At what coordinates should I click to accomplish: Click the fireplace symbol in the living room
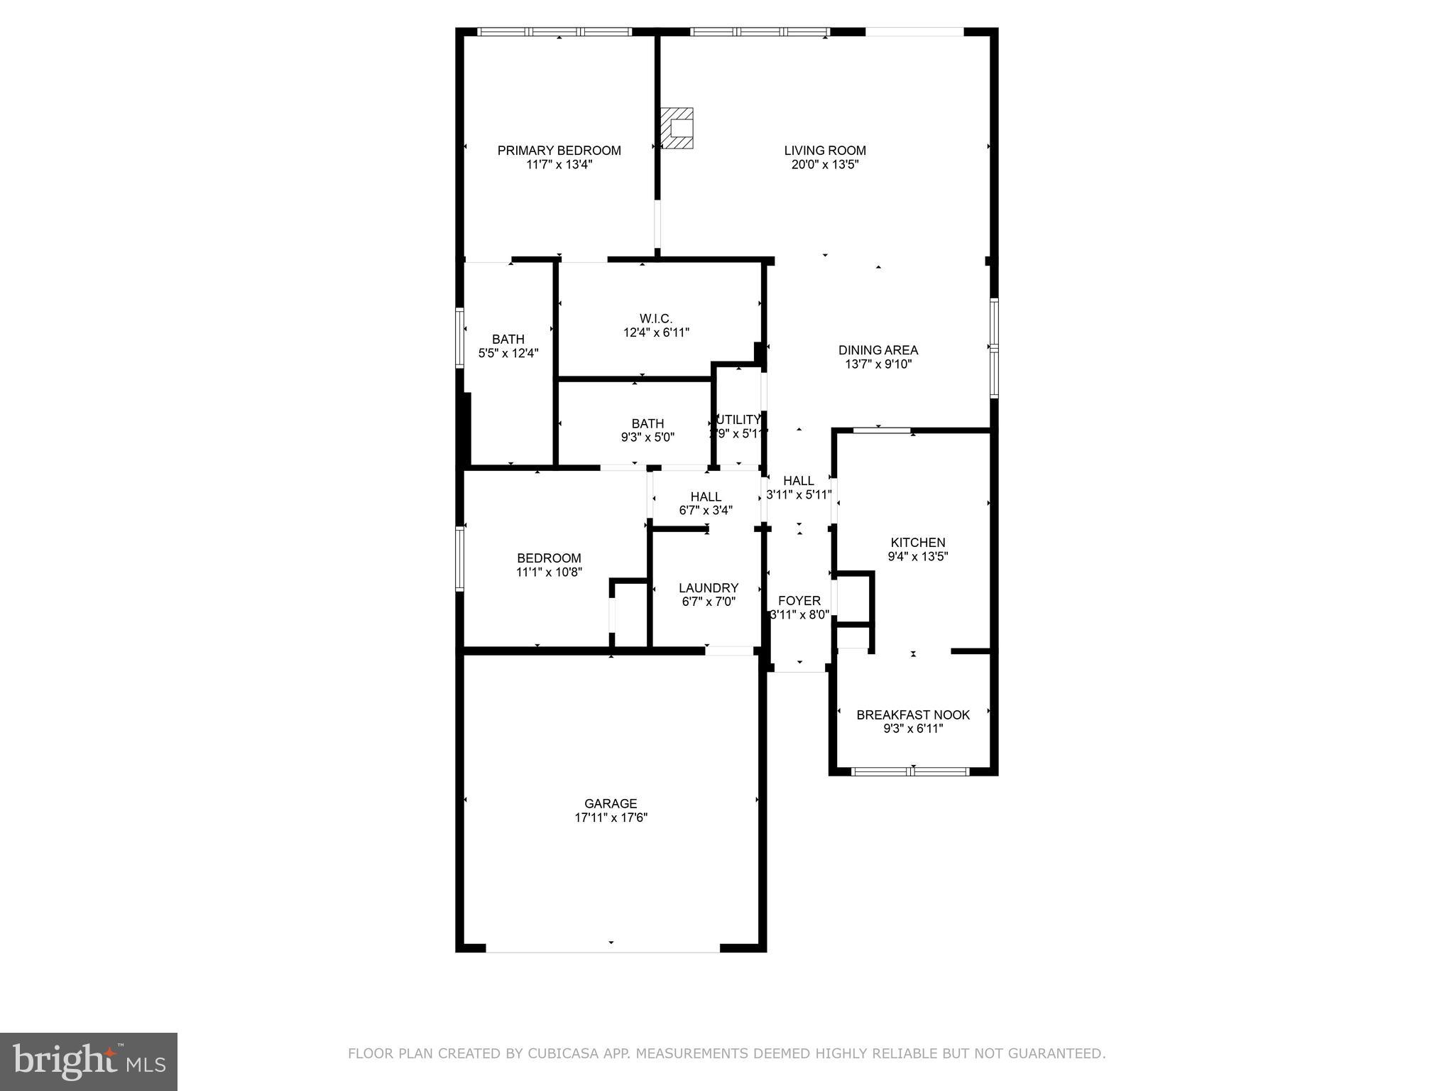point(677,129)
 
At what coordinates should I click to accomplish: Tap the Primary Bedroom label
point(559,151)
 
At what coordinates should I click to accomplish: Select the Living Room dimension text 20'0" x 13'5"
point(825,165)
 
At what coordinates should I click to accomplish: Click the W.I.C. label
point(655,318)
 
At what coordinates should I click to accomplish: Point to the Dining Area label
point(878,350)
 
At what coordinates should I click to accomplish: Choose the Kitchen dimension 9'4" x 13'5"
point(917,557)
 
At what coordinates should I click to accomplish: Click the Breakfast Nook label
point(913,715)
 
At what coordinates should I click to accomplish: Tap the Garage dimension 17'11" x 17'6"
point(611,818)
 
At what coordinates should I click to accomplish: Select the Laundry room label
point(708,588)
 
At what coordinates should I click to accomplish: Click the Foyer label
point(799,601)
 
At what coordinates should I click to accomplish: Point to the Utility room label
point(738,420)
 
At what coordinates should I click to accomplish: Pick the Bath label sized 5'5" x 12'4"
point(508,340)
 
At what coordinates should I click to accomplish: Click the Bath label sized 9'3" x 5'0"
point(647,424)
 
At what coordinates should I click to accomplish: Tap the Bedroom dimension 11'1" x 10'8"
point(549,572)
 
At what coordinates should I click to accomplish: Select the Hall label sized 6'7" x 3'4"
point(705,497)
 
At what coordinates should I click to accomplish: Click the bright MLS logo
point(89,1061)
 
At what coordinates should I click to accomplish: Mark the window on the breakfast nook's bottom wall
point(909,771)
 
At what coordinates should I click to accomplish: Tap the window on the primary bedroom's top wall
point(554,32)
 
